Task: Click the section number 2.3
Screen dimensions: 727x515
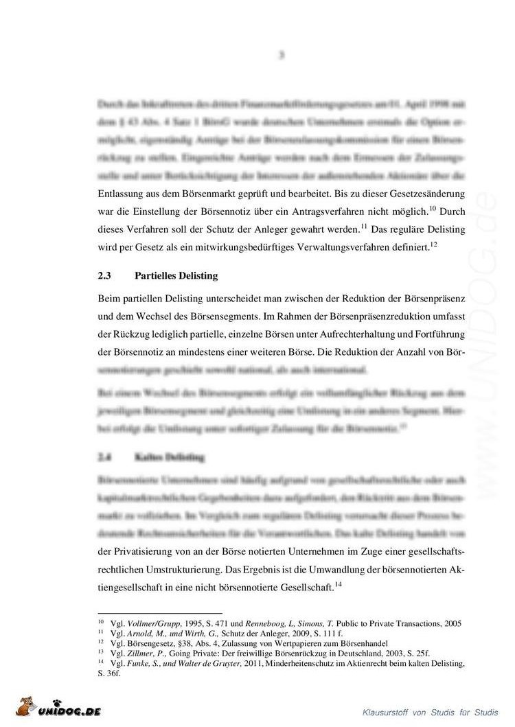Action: (x=104, y=276)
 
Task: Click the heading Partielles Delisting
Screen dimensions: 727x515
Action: (x=176, y=276)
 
